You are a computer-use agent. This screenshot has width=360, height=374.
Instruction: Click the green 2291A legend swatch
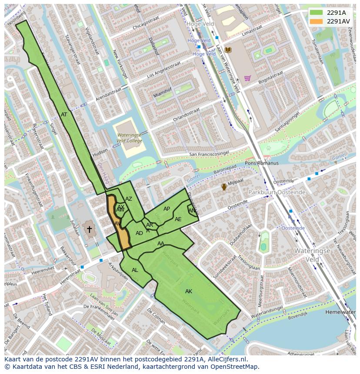pyautogui.click(x=316, y=13)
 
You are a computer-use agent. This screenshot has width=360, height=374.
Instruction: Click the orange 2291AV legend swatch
pyautogui.click(x=316, y=21)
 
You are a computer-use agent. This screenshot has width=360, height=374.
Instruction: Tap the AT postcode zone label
pyautogui.click(x=64, y=115)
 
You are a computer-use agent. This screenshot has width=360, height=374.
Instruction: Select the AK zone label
pyautogui.click(x=189, y=291)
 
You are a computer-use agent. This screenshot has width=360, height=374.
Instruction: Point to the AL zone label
pyautogui.click(x=135, y=270)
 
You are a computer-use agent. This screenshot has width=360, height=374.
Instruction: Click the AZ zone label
pyautogui.click(x=129, y=199)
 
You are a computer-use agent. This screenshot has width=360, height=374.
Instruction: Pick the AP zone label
pyautogui.click(x=167, y=209)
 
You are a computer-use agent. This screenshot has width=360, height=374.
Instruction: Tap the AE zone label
pyautogui.click(x=178, y=219)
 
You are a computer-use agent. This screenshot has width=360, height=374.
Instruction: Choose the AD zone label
pyautogui.click(x=139, y=233)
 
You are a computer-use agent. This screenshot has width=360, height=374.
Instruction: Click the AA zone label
pyautogui.click(x=161, y=244)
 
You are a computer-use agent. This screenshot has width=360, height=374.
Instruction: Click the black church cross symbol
pyautogui.click(x=90, y=229)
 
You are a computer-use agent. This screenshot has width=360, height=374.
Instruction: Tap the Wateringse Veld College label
pyautogui.click(x=129, y=138)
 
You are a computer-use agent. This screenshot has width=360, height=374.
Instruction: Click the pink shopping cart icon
pyautogui.click(x=247, y=78)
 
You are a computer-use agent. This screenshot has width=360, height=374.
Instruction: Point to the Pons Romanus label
pyautogui.click(x=262, y=163)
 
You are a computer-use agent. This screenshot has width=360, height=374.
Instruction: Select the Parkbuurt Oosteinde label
pyautogui.click(x=277, y=192)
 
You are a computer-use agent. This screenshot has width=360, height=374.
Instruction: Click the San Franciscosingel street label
pyautogui.click(x=209, y=154)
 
